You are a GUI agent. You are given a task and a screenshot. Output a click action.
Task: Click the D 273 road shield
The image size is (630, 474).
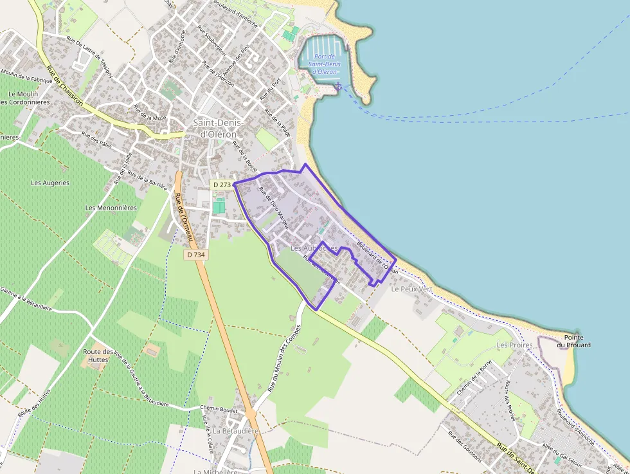(x=221, y=185)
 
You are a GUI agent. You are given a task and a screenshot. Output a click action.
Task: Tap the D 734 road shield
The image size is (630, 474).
(x=195, y=255)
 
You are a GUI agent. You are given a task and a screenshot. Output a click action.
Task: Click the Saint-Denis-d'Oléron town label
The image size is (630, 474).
(x=215, y=128)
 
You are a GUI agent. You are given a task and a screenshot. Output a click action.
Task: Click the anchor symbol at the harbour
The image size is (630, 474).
(x=338, y=86)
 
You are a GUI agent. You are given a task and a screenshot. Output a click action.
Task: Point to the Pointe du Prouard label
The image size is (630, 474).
(x=573, y=341)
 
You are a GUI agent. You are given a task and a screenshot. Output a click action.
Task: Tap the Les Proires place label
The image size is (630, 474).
(x=515, y=345)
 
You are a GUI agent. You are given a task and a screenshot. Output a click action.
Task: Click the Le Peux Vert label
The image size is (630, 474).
(x=412, y=289)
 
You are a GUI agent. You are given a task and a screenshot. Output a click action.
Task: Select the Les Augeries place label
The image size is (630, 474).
(x=50, y=183)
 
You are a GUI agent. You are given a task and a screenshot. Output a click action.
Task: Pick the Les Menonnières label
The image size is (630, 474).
(x=111, y=208)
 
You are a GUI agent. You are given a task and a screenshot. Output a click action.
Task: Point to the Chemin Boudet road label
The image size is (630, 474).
(x=219, y=409)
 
